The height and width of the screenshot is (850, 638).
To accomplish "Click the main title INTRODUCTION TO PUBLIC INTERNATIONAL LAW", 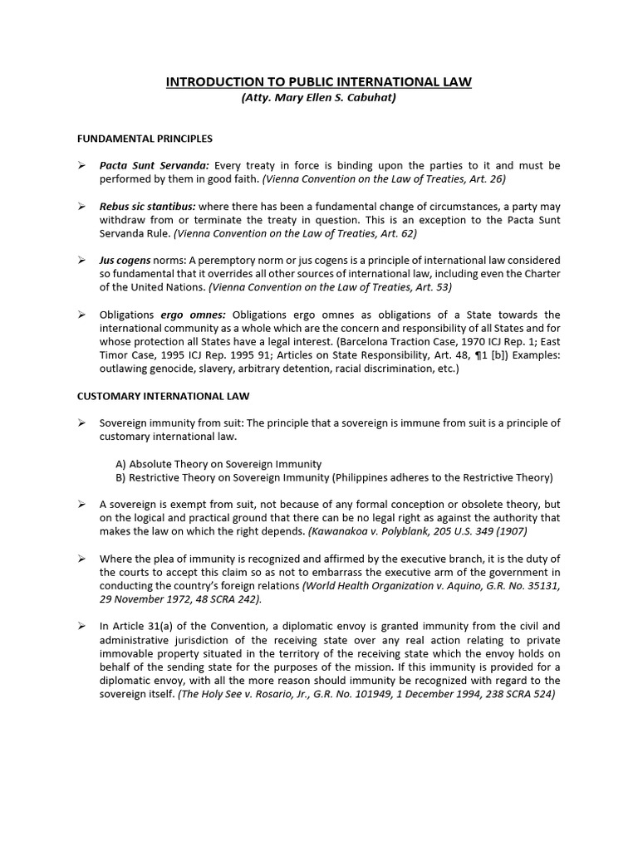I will tap(319, 81).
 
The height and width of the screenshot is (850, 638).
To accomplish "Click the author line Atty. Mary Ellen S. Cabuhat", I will tap(319, 97).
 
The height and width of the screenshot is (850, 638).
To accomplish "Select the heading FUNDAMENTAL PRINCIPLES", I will tap(145, 139).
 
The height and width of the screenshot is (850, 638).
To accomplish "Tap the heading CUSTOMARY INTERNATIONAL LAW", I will tap(163, 397).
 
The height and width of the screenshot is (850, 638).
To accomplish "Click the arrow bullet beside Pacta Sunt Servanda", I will tap(82, 166).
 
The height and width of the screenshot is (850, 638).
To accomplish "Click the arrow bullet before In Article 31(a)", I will tap(82, 627).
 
